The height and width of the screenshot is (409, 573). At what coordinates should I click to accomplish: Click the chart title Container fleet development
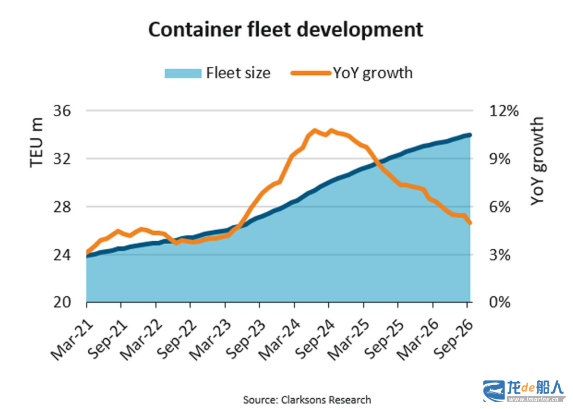[285, 29]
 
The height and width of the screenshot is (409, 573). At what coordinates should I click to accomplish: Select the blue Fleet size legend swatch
[183, 73]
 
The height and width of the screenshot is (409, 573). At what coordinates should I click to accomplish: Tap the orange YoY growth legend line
[311, 73]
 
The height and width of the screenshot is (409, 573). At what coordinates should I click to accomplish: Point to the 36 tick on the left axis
[62, 110]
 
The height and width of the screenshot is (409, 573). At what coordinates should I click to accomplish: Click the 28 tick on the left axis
[62, 207]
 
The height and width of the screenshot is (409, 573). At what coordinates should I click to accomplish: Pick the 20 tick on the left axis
[62, 303]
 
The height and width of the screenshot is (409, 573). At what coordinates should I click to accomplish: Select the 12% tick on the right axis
[503, 110]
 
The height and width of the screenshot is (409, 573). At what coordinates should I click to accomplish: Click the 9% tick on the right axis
[499, 159]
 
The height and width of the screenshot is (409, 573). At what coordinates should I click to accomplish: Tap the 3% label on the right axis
[499, 255]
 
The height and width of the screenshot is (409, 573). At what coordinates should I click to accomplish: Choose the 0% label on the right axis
[499, 303]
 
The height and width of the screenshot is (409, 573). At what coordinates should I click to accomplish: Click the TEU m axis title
[37, 143]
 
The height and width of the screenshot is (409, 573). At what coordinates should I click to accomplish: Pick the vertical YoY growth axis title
[537, 161]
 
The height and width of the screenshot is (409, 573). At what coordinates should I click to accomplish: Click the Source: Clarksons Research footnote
[307, 400]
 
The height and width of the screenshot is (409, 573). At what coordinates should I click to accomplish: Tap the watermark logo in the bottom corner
[524, 391]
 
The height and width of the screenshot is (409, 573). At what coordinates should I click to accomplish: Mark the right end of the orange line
[470, 223]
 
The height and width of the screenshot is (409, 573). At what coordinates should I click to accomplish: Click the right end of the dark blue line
[470, 135]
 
